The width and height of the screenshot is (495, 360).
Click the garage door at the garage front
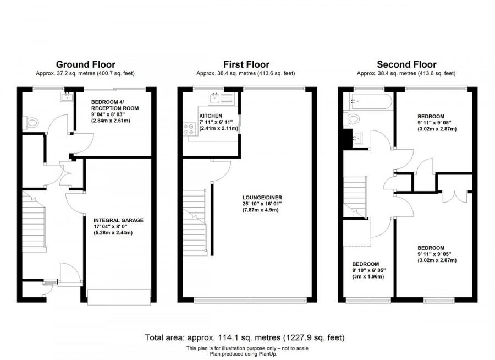click(x=119, y=297)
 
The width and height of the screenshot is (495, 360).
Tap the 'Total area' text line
click(x=245, y=337)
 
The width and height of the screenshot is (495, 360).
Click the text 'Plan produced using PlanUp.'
click(x=246, y=354)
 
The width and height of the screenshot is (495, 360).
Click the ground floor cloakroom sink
click(x=67, y=98)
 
